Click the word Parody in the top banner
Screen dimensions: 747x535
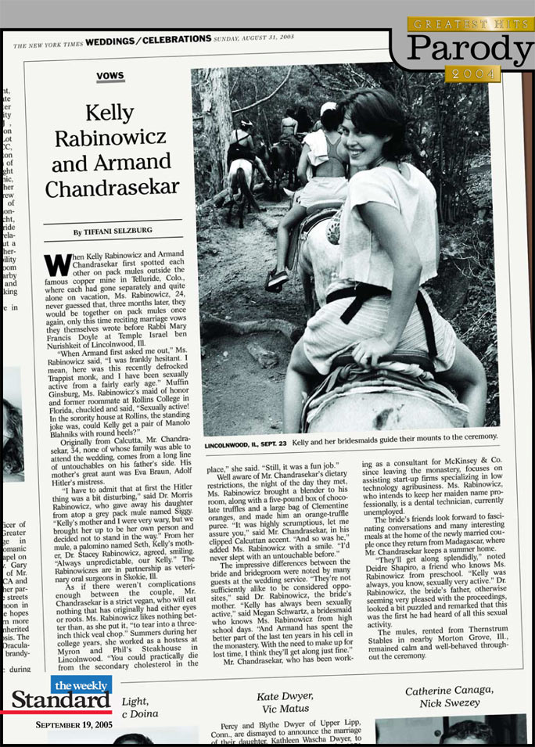pos(469,49)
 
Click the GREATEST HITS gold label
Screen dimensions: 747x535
pos(471,24)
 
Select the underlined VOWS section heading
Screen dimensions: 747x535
pos(110,77)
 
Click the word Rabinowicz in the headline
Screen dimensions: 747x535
pos(110,138)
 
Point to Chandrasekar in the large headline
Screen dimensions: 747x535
pos(113,189)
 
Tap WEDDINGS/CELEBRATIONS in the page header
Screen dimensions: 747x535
pos(149,39)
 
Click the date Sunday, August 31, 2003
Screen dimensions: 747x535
pos(255,39)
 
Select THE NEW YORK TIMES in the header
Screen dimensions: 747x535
pos(48,43)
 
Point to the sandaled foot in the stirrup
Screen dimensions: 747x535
pos(276,279)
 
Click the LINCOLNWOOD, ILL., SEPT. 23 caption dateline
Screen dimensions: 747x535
pos(246,444)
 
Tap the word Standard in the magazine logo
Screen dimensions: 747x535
pos(61,700)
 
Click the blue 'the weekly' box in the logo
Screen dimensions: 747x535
pos(81,684)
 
